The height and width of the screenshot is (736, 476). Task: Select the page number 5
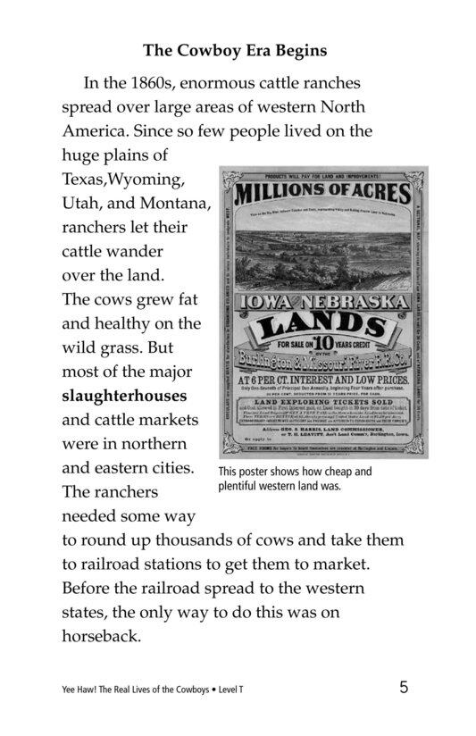[x=405, y=687]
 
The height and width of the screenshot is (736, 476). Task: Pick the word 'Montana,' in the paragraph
[x=176, y=204]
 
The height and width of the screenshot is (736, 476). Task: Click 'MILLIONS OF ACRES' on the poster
[x=323, y=194]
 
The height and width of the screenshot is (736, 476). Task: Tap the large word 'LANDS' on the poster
[x=322, y=319]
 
